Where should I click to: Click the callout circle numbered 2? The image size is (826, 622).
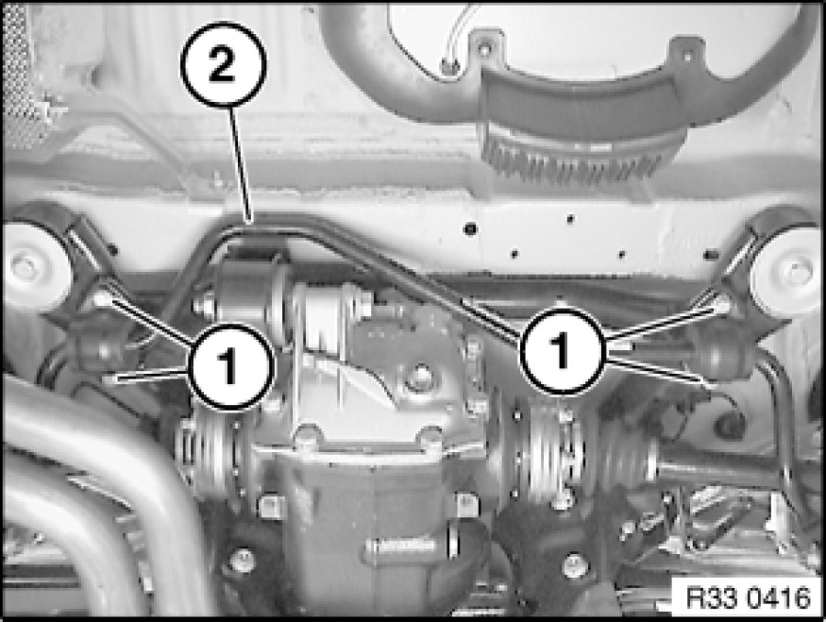coord(224,64)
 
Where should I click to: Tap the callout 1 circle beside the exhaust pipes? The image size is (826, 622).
coord(229,366)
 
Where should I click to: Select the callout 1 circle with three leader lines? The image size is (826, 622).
coord(562,350)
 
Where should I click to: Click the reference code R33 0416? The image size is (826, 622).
coord(748,598)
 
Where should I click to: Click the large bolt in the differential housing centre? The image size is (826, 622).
coord(419,377)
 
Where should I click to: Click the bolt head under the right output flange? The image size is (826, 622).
coord(575,565)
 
